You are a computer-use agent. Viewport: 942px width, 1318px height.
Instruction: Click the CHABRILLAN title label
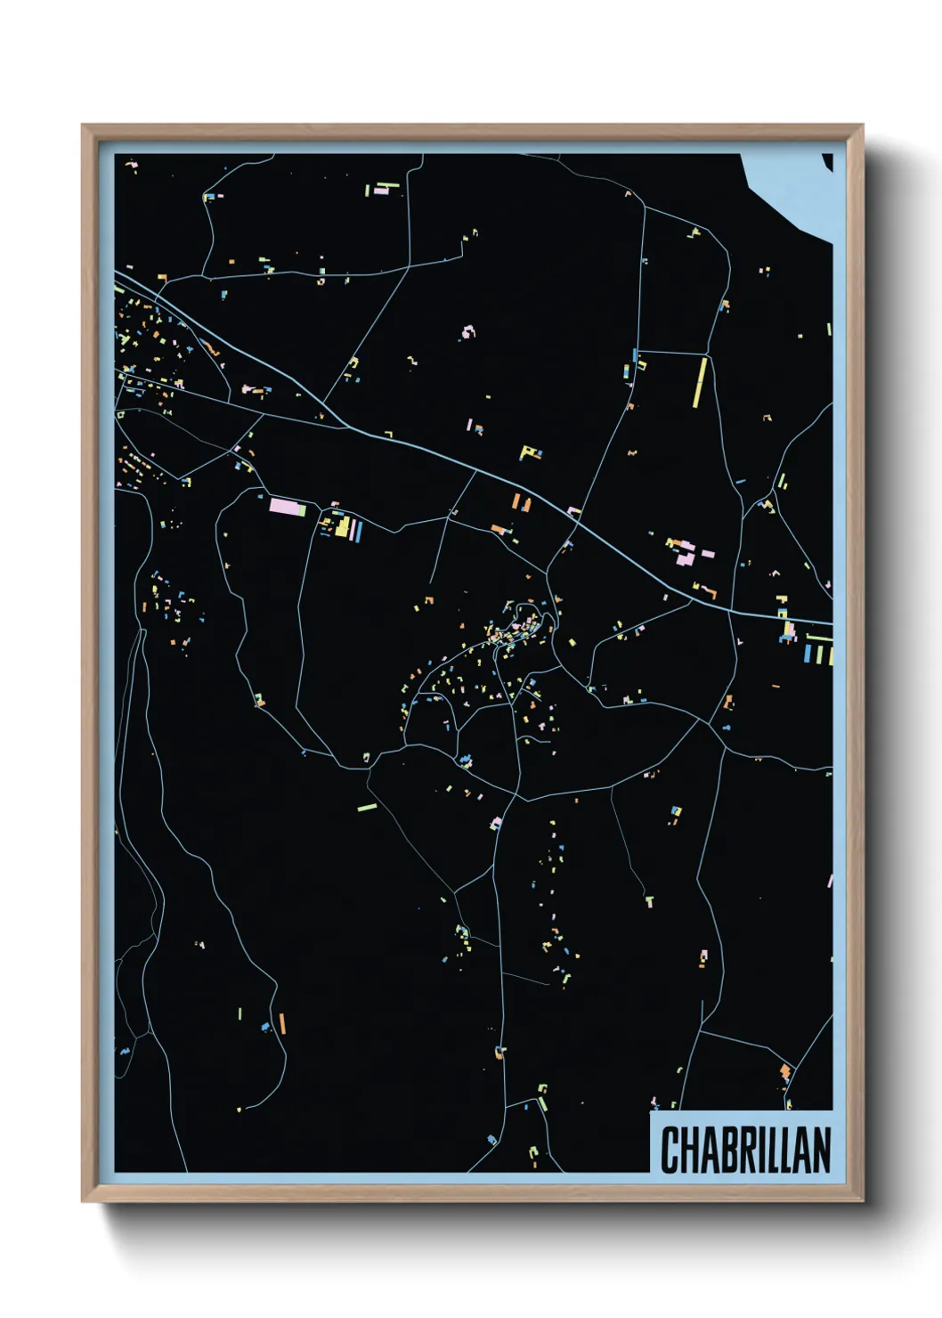[x=744, y=1149]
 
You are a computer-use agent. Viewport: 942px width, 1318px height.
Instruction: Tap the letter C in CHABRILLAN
[x=670, y=1150]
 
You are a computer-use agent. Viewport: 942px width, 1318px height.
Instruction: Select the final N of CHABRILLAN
[x=822, y=1150]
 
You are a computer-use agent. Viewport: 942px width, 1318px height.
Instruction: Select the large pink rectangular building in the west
[x=288, y=508]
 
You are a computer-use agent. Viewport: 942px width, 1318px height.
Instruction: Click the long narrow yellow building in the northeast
[x=701, y=381]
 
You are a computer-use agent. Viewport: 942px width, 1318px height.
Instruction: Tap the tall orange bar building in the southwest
[x=282, y=1023]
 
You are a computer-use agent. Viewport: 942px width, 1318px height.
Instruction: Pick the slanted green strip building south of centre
[x=367, y=808]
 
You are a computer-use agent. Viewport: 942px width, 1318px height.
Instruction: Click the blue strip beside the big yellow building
[x=358, y=531]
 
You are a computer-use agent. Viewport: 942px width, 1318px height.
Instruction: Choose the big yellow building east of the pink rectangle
[x=342, y=526]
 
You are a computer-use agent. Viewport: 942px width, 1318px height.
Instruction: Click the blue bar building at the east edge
[x=808, y=654]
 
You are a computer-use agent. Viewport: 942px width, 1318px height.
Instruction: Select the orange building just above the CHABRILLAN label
[x=784, y=1071]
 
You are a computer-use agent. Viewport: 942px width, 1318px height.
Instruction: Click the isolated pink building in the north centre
[x=467, y=332]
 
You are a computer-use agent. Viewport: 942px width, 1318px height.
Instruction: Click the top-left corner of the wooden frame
[x=83, y=125]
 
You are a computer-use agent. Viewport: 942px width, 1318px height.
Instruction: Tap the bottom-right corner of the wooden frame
[x=862, y=1200]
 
